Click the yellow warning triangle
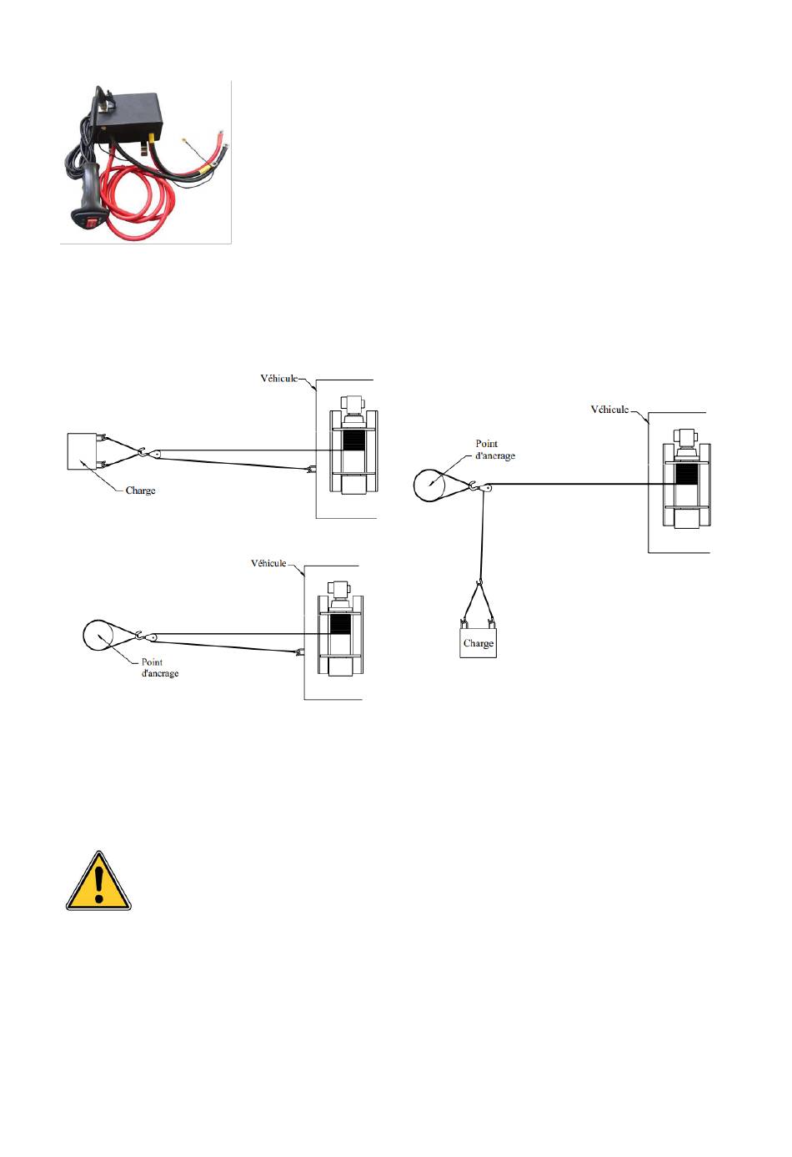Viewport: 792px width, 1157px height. click(x=98, y=882)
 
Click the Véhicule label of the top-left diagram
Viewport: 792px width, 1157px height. click(x=278, y=379)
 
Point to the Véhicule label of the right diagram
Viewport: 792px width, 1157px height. click(x=609, y=410)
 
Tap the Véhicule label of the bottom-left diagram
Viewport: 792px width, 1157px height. click(x=268, y=563)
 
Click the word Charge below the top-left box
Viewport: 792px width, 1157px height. click(x=140, y=490)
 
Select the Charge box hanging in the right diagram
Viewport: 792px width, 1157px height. click(x=478, y=643)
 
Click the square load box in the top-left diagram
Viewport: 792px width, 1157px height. click(x=82, y=451)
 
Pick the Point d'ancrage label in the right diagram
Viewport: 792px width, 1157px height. click(x=494, y=450)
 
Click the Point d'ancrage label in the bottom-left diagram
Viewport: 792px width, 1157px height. click(x=160, y=667)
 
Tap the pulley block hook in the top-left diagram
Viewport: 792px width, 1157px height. click(x=150, y=453)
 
